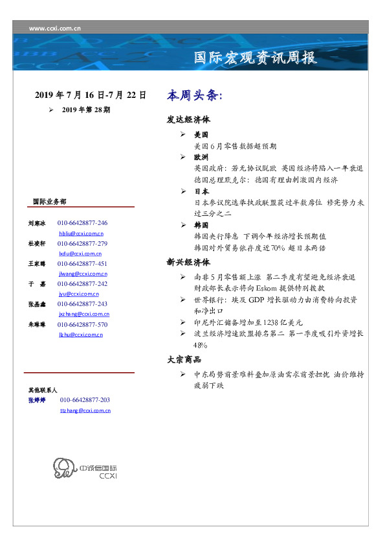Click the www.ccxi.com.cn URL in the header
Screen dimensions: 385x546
[55, 29]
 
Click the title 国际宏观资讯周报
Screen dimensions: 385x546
[256, 58]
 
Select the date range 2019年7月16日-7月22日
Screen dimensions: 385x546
[90, 95]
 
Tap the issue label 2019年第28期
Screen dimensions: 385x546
[86, 110]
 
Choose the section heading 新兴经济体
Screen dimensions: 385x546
[188, 263]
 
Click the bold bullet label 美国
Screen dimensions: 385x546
[201, 135]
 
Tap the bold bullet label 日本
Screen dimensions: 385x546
[201, 192]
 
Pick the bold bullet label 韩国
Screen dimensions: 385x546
[201, 225]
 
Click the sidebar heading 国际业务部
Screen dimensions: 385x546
[49, 202]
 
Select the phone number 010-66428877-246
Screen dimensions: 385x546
[82, 222]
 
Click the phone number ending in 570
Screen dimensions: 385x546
[82, 324]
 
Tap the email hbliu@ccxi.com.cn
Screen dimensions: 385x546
[81, 233]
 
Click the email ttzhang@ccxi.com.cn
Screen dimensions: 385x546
[85, 410]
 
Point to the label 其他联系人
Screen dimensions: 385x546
[43, 390]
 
